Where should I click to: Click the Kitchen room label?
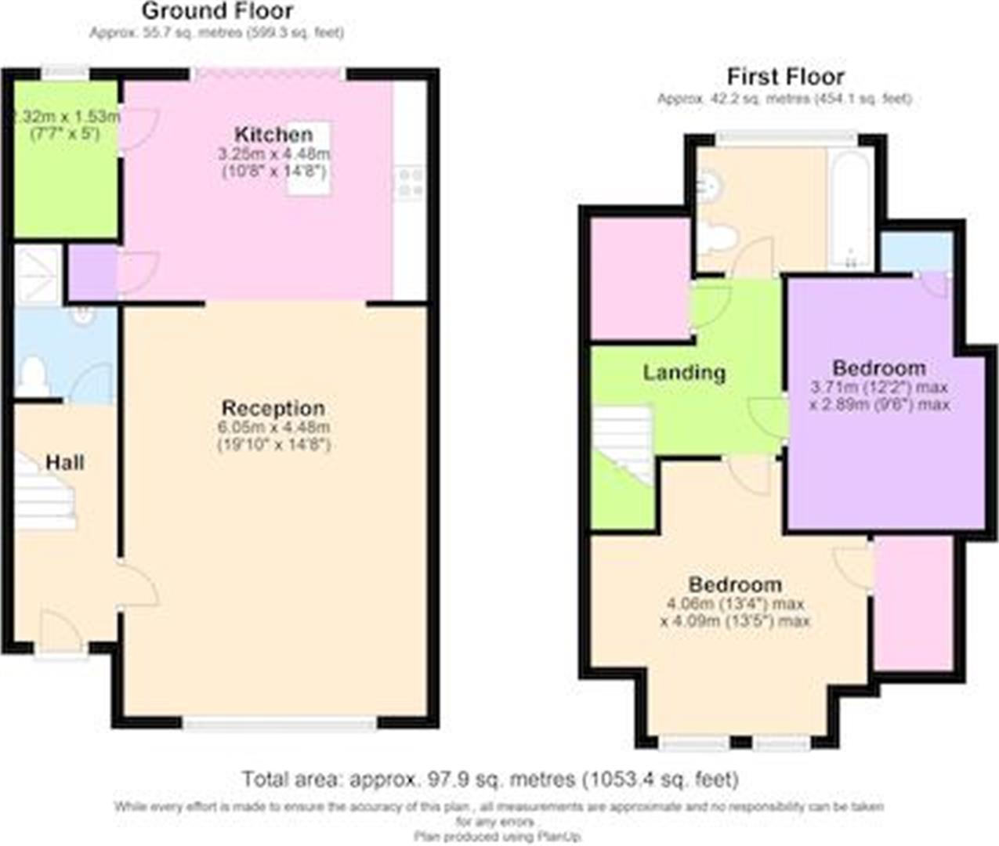[x=273, y=134]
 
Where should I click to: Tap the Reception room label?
[x=273, y=408]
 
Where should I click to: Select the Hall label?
[x=64, y=462]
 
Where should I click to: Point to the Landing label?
[x=684, y=372]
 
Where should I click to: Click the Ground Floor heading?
[x=217, y=11]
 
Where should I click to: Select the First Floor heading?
[x=785, y=77]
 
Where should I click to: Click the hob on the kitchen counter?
[x=410, y=183]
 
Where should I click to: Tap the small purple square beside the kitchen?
[x=92, y=273]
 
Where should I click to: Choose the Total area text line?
[x=490, y=779]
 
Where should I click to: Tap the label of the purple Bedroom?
[x=878, y=368]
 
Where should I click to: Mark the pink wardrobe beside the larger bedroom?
[x=913, y=603]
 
